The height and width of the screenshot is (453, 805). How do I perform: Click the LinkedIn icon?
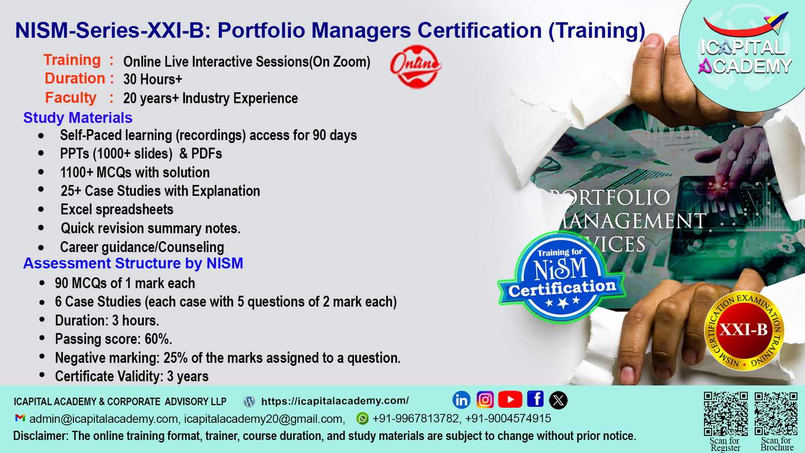click(461, 400)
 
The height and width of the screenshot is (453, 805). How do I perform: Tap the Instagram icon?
click(485, 400)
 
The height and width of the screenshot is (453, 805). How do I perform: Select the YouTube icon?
click(510, 399)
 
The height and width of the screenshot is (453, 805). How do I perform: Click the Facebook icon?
click(535, 399)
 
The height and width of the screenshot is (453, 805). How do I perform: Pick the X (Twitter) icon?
click(558, 400)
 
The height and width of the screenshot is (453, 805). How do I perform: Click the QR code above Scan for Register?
click(726, 413)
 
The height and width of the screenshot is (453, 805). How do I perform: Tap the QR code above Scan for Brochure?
click(776, 413)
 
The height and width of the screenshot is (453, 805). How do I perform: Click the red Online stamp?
click(416, 66)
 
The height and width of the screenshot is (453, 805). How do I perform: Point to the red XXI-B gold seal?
click(744, 330)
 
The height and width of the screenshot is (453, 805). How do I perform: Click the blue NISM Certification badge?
click(561, 277)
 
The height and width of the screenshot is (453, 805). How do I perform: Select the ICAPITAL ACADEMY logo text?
click(745, 56)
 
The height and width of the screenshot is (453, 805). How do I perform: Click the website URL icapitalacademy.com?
click(335, 401)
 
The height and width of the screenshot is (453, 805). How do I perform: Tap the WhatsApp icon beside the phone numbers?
click(362, 418)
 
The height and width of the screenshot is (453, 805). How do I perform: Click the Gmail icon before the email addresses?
click(20, 418)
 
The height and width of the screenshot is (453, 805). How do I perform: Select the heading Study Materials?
click(77, 118)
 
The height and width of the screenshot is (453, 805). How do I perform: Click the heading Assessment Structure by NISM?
click(133, 263)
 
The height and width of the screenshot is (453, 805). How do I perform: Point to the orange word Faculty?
click(71, 98)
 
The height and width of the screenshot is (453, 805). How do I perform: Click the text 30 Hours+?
click(153, 79)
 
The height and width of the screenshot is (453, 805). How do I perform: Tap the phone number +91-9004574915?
click(508, 418)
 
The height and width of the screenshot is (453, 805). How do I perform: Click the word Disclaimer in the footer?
click(40, 436)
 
